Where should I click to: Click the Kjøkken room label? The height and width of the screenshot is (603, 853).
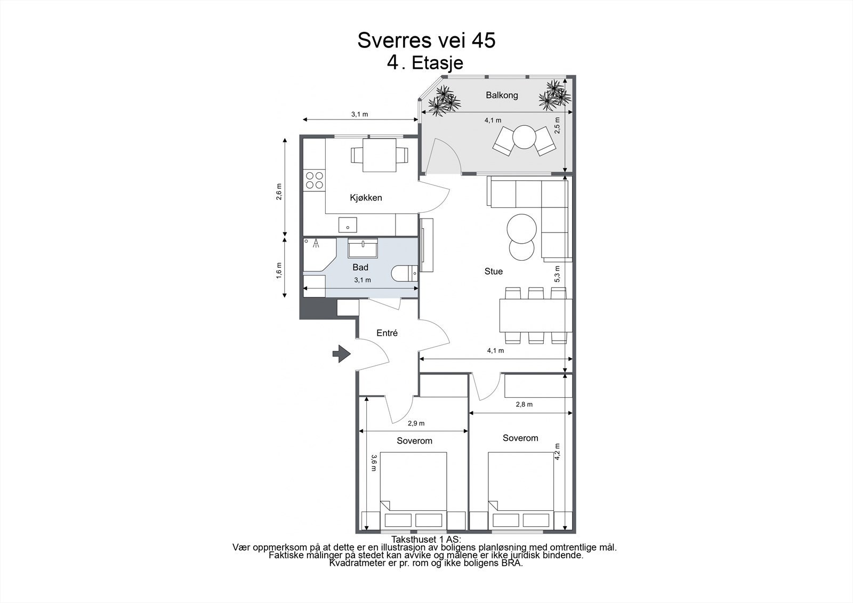point(366,198)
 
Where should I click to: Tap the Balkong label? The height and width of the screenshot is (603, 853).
point(502,95)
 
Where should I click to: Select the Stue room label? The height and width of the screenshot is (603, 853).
point(494,271)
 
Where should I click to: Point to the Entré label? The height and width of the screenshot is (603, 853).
point(387,333)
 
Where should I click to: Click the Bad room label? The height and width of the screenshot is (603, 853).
point(360,268)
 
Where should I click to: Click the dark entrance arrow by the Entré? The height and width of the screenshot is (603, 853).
point(342,354)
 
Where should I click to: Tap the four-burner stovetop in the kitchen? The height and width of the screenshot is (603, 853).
point(315,181)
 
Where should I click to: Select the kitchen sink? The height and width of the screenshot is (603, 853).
point(81,225)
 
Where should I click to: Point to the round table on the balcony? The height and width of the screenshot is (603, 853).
point(525,137)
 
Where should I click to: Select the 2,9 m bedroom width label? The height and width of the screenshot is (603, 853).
point(416,423)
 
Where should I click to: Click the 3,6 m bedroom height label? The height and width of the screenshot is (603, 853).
point(374,463)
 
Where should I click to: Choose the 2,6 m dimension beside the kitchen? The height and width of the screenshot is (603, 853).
point(279,191)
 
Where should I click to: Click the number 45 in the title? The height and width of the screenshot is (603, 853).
point(484,41)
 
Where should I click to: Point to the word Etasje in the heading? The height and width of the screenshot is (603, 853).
point(438,63)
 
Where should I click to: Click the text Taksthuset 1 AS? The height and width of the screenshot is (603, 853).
point(426,540)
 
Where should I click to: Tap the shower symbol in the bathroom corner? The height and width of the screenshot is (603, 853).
point(316,244)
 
